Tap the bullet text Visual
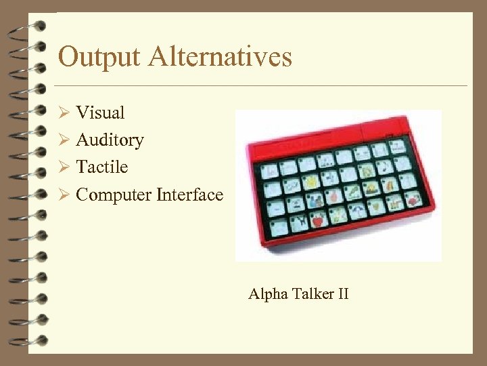pyautogui.click(x=100, y=112)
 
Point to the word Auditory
pyautogui.click(x=110, y=140)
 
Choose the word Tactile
pyautogui.click(x=101, y=167)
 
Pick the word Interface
pyautogui.click(x=189, y=195)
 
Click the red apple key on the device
pyautogui.click(x=316, y=221)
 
